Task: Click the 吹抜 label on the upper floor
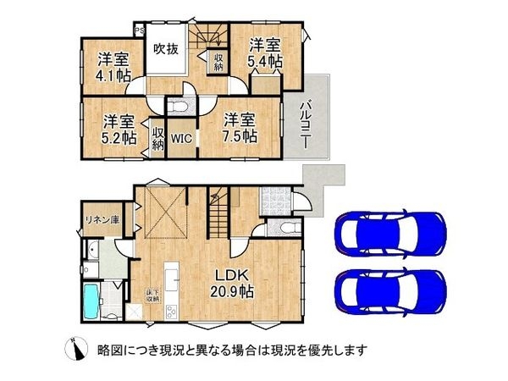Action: [166, 49]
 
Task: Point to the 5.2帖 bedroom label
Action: [119, 129]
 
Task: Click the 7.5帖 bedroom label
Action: [240, 129]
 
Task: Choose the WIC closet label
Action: [181, 137]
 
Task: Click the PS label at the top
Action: [139, 27]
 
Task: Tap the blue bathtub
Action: [92, 300]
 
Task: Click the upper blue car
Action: [390, 230]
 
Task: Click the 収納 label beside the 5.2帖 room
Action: [157, 138]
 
